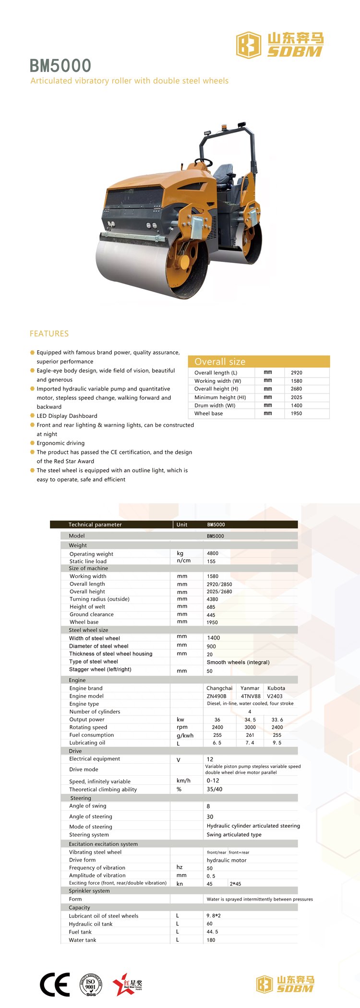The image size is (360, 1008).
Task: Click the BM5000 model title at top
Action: (60, 66)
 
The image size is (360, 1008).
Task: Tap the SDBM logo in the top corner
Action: (280, 45)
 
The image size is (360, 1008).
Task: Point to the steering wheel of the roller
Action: (204, 162)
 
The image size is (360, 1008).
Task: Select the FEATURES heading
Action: (49, 333)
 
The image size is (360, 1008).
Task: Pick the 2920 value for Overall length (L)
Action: (297, 372)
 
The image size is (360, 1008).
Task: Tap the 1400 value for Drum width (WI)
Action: (297, 405)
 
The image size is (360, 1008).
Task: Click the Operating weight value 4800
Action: (213, 553)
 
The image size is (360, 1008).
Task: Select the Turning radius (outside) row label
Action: (99, 599)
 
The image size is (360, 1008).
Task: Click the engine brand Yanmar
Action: (250, 688)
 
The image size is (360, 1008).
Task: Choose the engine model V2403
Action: (275, 696)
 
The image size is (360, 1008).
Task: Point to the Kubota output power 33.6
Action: (277, 720)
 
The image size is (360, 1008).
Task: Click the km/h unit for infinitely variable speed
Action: (183, 781)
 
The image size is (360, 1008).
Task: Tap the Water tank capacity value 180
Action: (211, 940)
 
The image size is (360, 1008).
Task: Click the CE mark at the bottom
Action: (55, 984)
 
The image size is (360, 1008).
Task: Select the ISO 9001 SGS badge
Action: (91, 984)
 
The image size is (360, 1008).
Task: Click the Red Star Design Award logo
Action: (127, 984)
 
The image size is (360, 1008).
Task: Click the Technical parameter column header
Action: (95, 524)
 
